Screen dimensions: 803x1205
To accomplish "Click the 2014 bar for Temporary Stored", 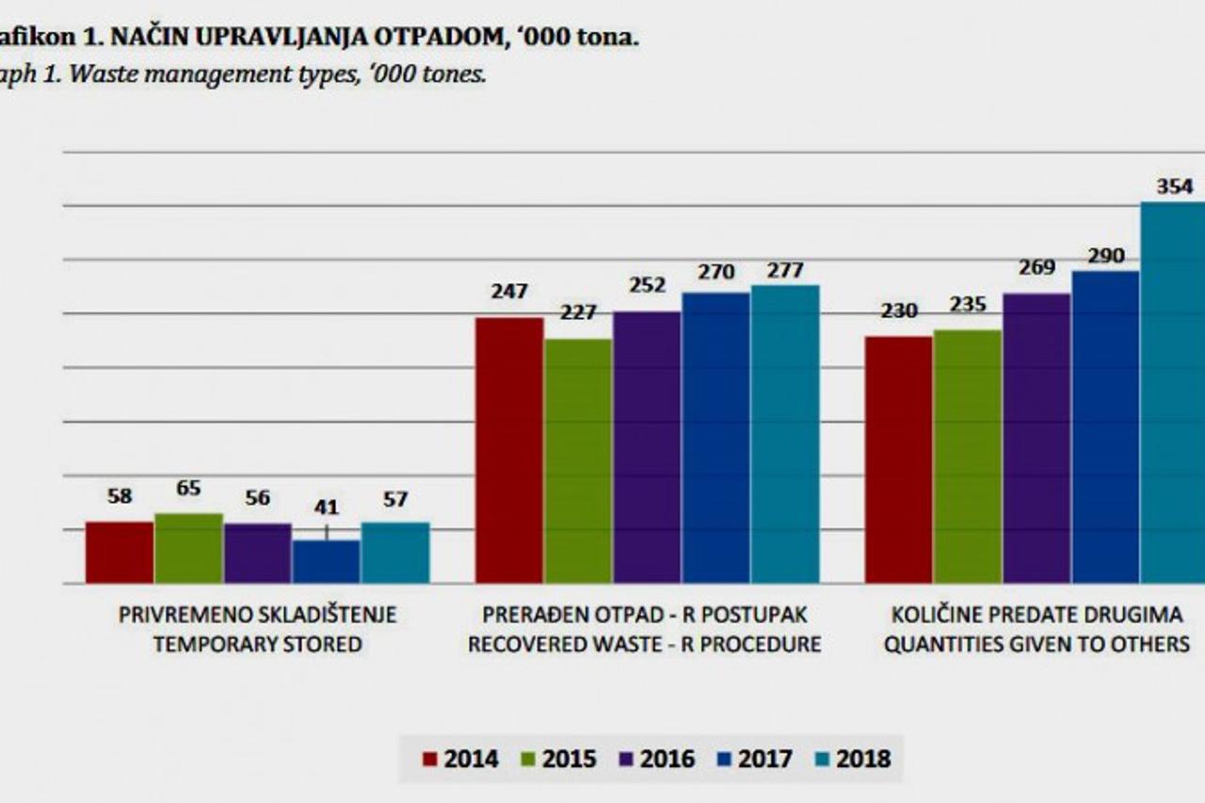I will pyautogui.click(x=120, y=553).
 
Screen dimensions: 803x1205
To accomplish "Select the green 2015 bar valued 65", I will pyautogui.click(x=188, y=549).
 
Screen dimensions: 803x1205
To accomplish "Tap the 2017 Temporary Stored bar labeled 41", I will pyautogui.click(x=326, y=562).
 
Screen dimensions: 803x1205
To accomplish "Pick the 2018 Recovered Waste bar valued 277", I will pyautogui.click(x=785, y=434).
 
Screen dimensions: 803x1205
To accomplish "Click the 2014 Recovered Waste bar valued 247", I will pyautogui.click(x=509, y=450).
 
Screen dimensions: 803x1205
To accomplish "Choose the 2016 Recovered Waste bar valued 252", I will pyautogui.click(x=647, y=447).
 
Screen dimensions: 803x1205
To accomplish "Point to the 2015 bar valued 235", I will pyautogui.click(x=968, y=457).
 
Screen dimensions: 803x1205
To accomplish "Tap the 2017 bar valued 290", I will pyautogui.click(x=1105, y=427).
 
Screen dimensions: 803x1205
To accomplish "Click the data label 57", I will pyautogui.click(x=395, y=499).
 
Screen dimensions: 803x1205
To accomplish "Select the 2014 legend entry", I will pyautogui.click(x=461, y=759).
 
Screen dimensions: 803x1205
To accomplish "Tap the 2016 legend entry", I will pyautogui.click(x=659, y=759).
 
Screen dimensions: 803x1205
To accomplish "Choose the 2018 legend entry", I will pyautogui.click(x=853, y=759).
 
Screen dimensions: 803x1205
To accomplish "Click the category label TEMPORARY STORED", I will pyautogui.click(x=257, y=645).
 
